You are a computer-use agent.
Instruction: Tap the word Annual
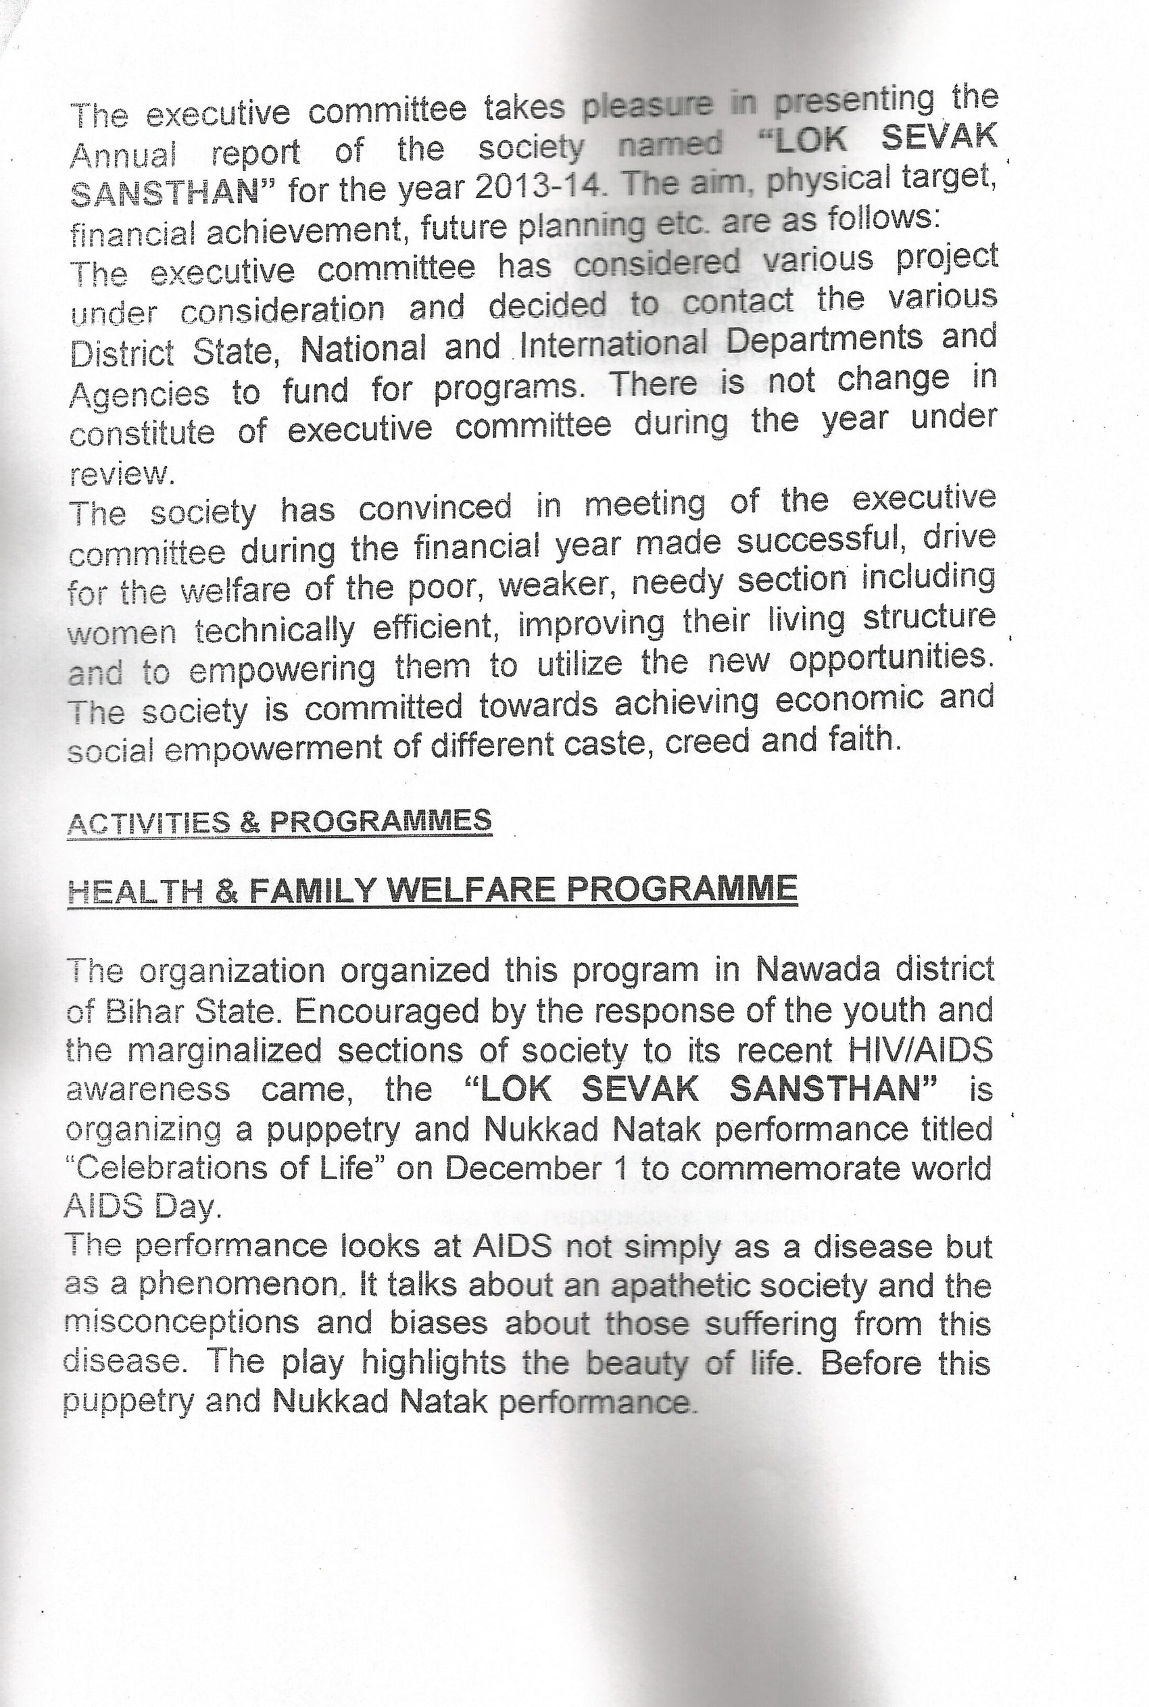[x=123, y=155]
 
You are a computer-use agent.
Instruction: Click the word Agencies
[x=139, y=394]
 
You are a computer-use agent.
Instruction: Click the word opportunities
[x=891, y=659]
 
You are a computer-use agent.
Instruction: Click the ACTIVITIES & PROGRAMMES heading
[x=279, y=822]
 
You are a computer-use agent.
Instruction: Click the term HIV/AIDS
[x=919, y=1052]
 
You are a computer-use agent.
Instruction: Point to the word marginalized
[x=224, y=1052]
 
